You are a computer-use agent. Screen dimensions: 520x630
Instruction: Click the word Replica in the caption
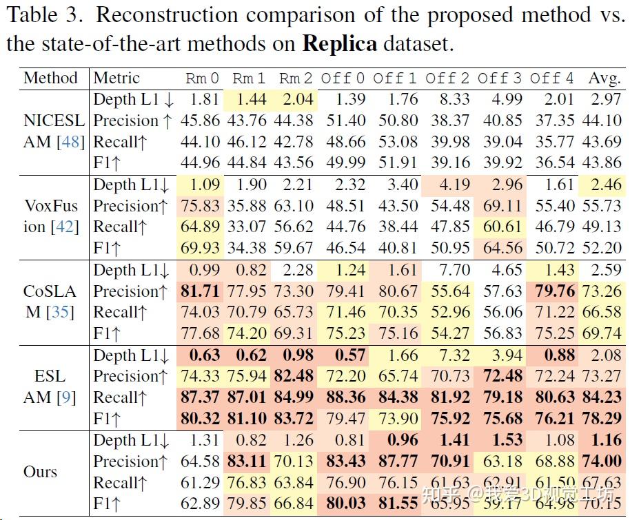tap(340, 45)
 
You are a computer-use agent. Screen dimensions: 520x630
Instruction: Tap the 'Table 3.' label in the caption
tap(45, 15)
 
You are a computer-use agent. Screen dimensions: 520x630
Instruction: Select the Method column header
tap(51, 78)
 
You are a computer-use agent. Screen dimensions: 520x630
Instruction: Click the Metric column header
tap(116, 78)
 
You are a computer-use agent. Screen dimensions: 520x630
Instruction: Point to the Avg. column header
tap(604, 78)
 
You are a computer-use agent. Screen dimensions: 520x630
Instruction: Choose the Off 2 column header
tap(447, 78)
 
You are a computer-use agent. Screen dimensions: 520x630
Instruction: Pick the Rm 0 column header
tap(203, 78)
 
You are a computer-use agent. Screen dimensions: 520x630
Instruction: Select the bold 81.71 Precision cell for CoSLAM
tap(201, 291)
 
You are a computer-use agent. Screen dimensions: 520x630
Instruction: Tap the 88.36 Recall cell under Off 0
tap(345, 397)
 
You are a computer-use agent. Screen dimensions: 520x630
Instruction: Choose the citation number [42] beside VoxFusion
tap(66, 227)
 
